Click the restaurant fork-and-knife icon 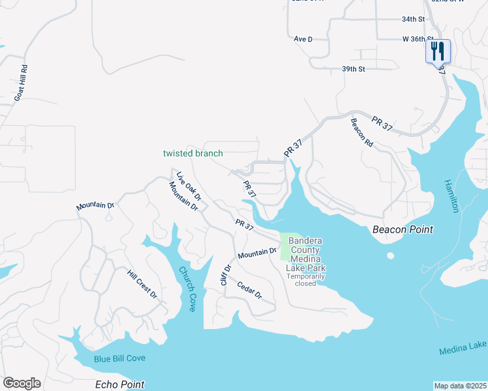click(438, 50)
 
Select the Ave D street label click(303, 39)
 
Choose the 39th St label click(353, 68)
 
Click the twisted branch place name click(192, 154)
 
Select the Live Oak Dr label click(188, 183)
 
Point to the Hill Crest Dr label click(143, 285)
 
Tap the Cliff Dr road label click(226, 274)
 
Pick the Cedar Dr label click(249, 291)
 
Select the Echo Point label click(119, 384)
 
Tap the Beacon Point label click(403, 229)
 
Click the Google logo click(22, 383)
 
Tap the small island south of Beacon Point click(390, 255)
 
